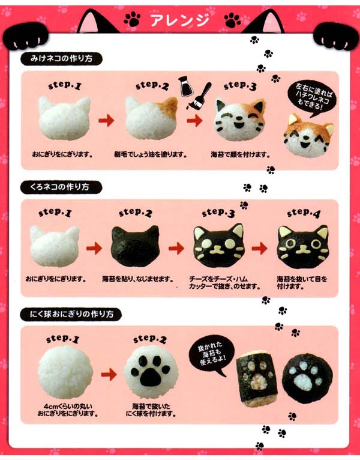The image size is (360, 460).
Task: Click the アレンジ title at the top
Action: [x=180, y=19]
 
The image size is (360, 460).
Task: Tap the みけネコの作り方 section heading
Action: [x=60, y=59]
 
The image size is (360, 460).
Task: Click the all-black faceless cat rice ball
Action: [x=136, y=246]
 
